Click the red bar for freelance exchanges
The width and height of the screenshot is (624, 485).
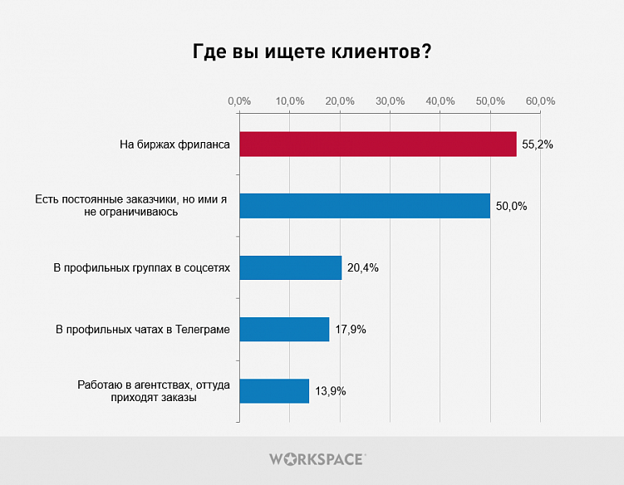tap(377, 145)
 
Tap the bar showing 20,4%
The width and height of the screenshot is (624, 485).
tap(290, 267)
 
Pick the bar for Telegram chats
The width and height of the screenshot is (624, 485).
tap(284, 329)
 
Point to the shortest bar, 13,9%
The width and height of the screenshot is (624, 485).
tap(274, 390)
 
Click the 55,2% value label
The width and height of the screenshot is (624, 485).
tap(538, 145)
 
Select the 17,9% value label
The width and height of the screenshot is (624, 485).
tap(351, 329)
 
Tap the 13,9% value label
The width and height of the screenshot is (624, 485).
tap(330, 390)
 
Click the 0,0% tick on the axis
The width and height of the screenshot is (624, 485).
tap(239, 100)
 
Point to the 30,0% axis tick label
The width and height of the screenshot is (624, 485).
tap(391, 100)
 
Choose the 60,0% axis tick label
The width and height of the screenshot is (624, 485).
tap(541, 100)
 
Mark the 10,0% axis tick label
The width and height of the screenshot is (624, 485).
tap(290, 100)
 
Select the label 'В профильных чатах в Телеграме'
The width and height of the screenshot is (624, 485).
tap(143, 330)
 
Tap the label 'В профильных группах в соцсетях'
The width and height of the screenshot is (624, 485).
tap(140, 268)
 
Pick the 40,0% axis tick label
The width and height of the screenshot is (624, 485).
tap(440, 100)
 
